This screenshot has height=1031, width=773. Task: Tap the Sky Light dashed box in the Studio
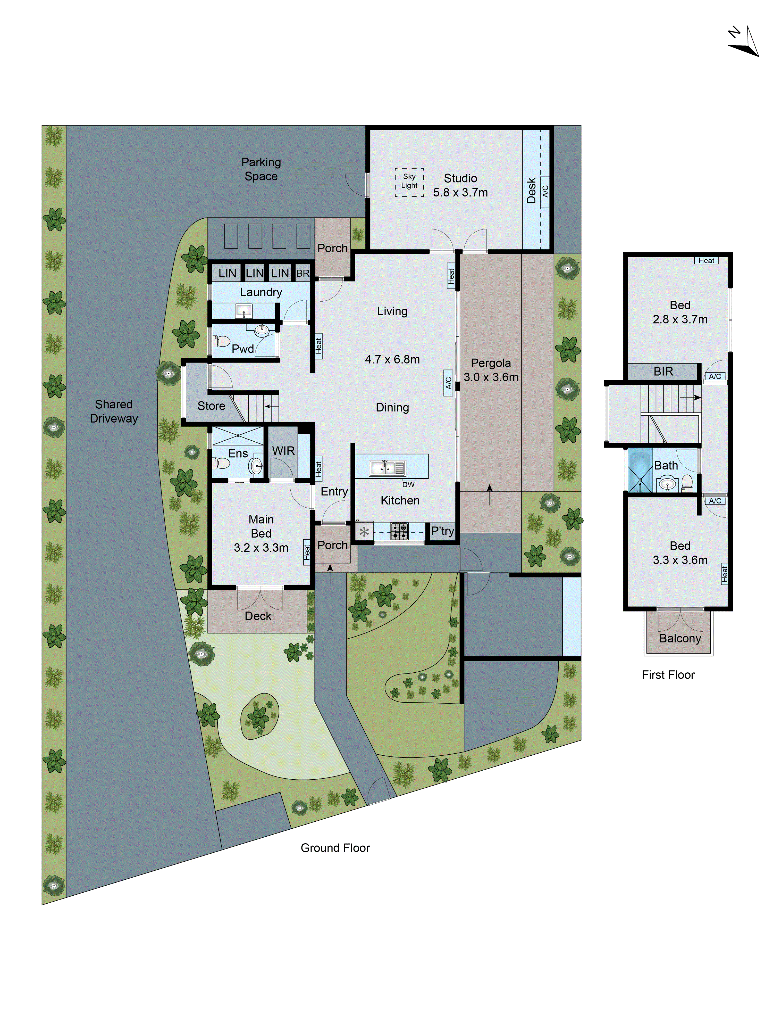pos(409,182)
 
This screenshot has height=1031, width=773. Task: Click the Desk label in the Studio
pos(531,190)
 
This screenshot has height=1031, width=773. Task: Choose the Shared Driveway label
pos(114,411)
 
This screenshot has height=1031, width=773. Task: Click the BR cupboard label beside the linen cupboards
pos(303,273)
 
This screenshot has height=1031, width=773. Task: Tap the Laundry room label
pos(261,292)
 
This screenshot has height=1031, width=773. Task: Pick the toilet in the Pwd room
pos(220,342)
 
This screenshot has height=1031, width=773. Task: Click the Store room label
pos(211,406)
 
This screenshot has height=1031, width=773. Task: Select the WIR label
pos(283,451)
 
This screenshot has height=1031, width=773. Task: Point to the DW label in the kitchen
pos(408,484)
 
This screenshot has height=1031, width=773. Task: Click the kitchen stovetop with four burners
pos(399,531)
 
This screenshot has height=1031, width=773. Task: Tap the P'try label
pos(442,531)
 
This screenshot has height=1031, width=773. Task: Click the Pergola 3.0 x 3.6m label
pos(491,370)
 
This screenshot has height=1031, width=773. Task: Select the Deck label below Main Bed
pos(258,616)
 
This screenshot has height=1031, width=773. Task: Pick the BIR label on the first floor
pos(663,372)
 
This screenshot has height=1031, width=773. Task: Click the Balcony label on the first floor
pos(680,638)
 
